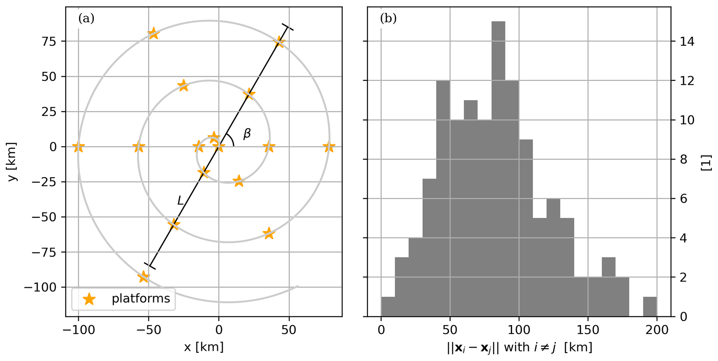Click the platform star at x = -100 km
(x=78, y=147)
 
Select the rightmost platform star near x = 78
(x=329, y=147)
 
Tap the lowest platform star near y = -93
(x=143, y=277)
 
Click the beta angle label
(x=247, y=133)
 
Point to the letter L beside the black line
(x=180, y=200)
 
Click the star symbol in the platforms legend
(x=89, y=299)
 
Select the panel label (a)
(x=86, y=18)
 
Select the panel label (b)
(x=388, y=18)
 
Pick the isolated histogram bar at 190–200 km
(x=650, y=307)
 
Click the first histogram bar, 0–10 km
(x=388, y=307)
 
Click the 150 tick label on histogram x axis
(x=588, y=330)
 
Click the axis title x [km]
(x=204, y=347)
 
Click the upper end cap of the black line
(x=288, y=27)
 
